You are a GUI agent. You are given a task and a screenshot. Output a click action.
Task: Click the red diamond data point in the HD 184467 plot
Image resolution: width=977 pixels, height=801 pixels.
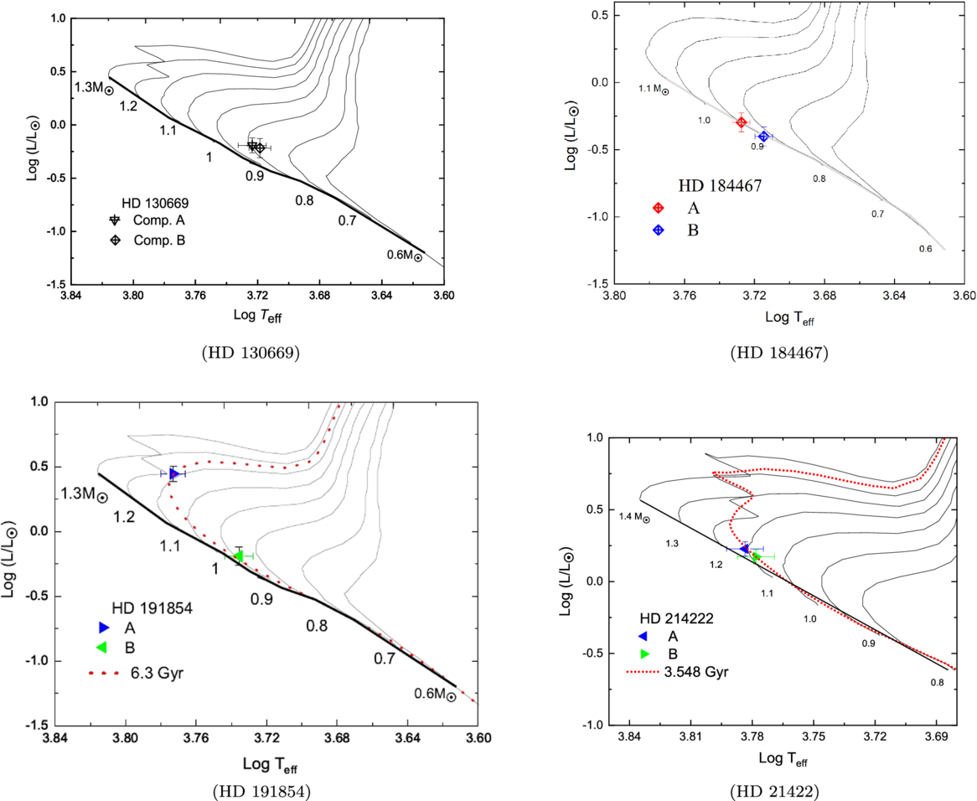click(x=742, y=122)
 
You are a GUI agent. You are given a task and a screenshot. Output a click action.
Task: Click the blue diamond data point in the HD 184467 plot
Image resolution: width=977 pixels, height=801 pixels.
click(x=763, y=136)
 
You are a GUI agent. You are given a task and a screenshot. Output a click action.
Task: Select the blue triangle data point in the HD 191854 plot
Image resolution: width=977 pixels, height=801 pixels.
click(x=173, y=474)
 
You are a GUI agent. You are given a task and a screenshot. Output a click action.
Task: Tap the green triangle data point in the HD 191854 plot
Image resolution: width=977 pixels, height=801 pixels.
click(x=239, y=555)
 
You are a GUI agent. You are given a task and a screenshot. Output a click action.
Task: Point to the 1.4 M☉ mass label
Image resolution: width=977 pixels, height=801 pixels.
click(x=634, y=518)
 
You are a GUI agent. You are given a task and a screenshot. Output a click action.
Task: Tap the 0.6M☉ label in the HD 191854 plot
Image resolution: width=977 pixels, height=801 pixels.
click(x=435, y=695)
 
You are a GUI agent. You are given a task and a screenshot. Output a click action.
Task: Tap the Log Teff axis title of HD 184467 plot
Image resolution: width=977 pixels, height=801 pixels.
click(x=788, y=318)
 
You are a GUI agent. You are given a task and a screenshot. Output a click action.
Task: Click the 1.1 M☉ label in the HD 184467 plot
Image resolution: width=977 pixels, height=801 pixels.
click(x=653, y=89)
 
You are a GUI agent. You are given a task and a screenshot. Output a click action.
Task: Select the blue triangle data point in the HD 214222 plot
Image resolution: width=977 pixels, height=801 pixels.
click(x=743, y=549)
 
